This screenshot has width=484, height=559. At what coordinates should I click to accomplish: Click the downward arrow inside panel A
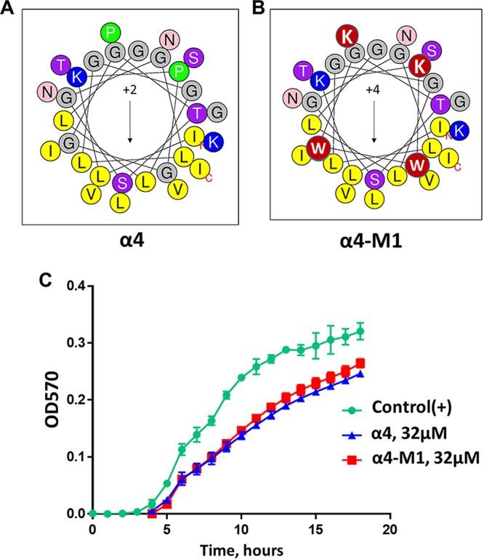click(129, 122)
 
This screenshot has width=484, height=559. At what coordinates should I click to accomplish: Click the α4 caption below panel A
click(129, 239)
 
